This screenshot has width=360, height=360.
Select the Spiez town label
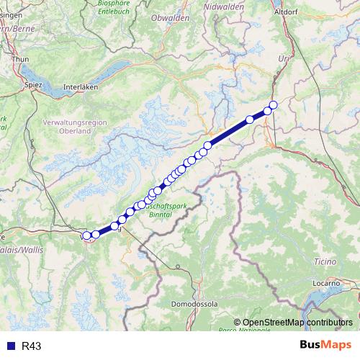pos(33,84)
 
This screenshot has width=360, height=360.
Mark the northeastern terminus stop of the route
pos(273,105)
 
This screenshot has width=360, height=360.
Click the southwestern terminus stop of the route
pos(87,235)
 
